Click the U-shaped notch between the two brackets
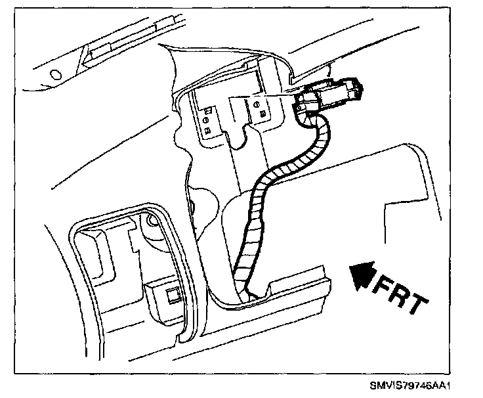[x=236, y=141]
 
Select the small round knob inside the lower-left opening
[x=152, y=223]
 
